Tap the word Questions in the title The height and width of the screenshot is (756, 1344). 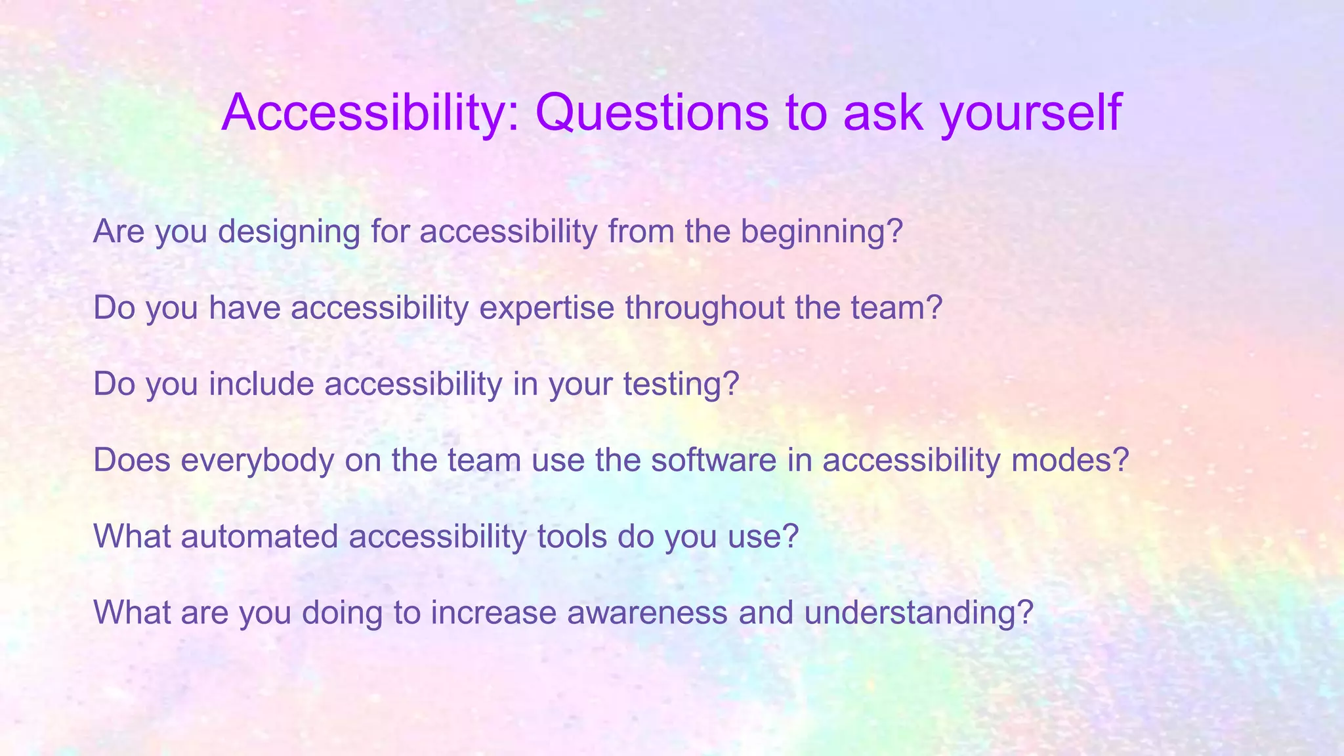652,113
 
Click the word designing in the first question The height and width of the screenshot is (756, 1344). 289,232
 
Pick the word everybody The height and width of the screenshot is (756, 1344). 257,460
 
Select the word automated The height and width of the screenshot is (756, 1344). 259,536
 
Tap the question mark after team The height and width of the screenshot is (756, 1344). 935,308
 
